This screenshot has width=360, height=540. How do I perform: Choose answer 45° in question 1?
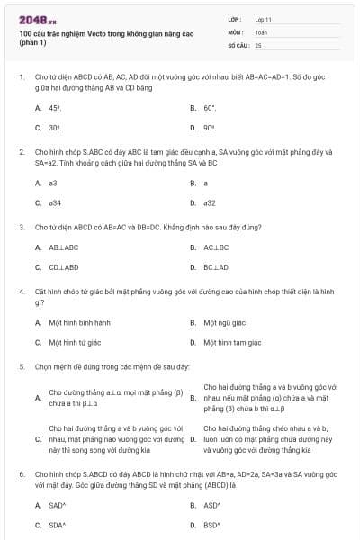pyautogui.click(x=55, y=107)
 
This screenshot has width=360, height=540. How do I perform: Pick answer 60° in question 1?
pyautogui.click(x=210, y=107)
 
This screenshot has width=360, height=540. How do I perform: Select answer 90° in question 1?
pyautogui.click(x=210, y=128)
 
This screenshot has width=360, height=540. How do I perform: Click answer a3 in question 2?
pyautogui.click(x=53, y=183)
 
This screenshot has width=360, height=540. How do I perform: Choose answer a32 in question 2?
pyautogui.click(x=210, y=202)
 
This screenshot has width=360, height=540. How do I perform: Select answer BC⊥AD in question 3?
pyautogui.click(x=216, y=267)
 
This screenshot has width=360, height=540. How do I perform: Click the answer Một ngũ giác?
pyautogui.click(x=223, y=322)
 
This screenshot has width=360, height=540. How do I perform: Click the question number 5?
pyautogui.click(x=21, y=367)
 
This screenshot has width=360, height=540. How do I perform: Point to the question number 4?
pyautogui.click(x=21, y=292)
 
